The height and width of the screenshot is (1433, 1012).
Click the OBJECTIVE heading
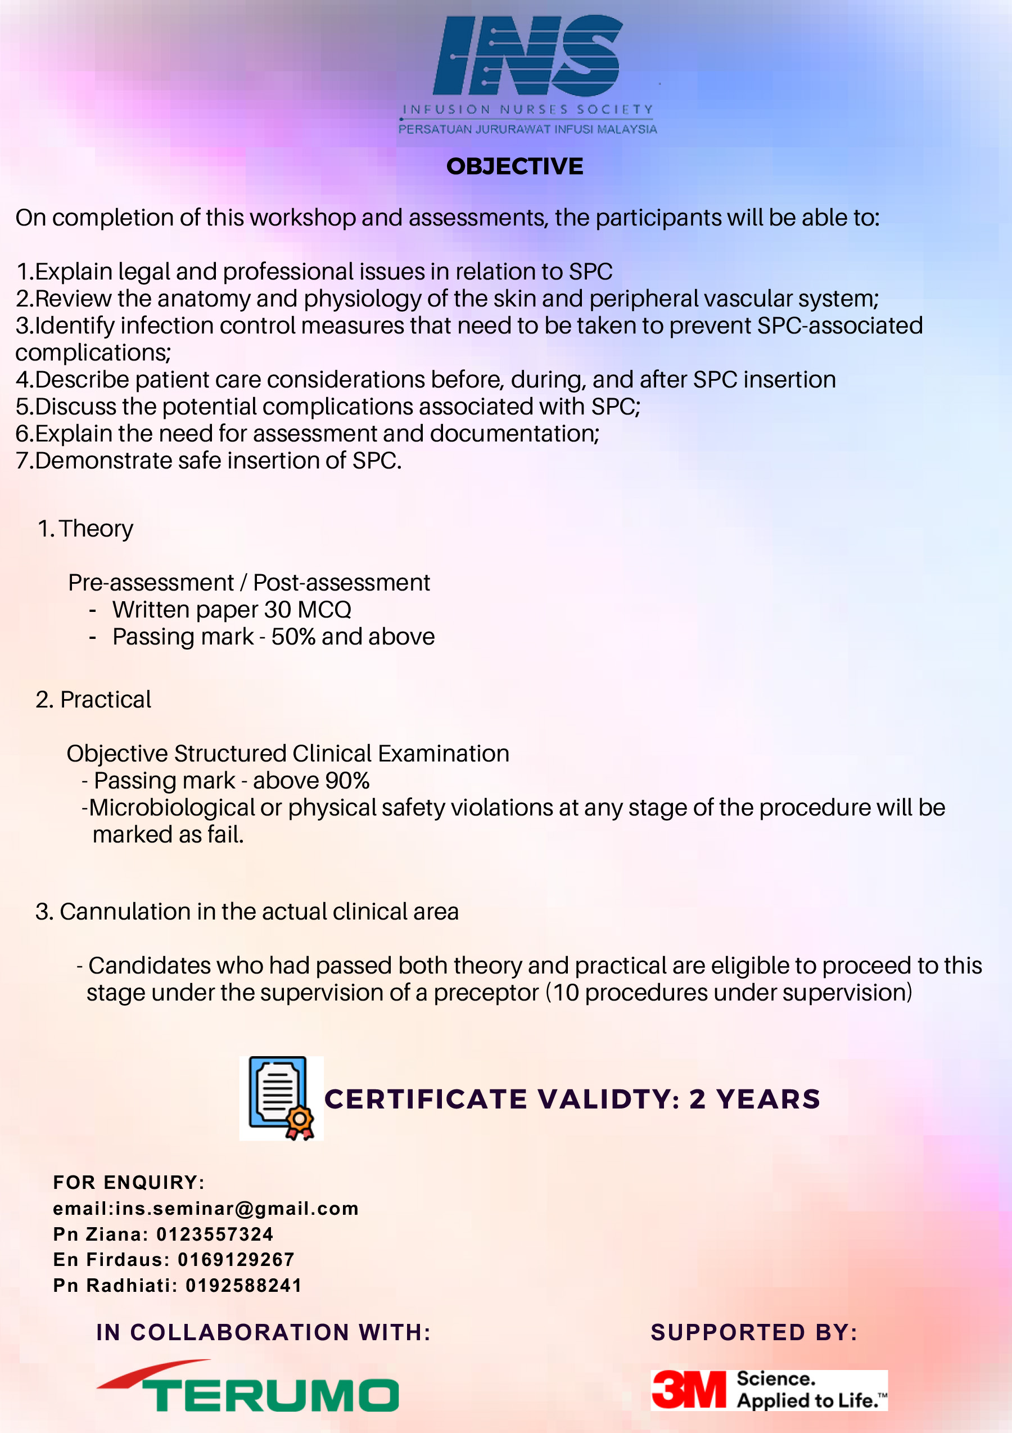coord(515,166)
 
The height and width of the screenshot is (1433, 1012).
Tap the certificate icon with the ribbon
coord(281,1098)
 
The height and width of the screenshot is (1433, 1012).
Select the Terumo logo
coord(248,1386)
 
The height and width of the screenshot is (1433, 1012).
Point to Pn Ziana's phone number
coord(215,1234)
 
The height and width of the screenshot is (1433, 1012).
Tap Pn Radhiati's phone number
coord(244,1285)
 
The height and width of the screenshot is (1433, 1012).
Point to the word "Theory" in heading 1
coord(96,529)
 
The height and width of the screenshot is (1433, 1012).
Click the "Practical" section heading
coord(106,700)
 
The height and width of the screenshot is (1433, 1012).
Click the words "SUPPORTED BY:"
coord(755,1332)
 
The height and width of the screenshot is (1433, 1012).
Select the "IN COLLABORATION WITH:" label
coord(263,1332)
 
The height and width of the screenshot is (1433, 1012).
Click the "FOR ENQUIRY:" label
coord(129,1182)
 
